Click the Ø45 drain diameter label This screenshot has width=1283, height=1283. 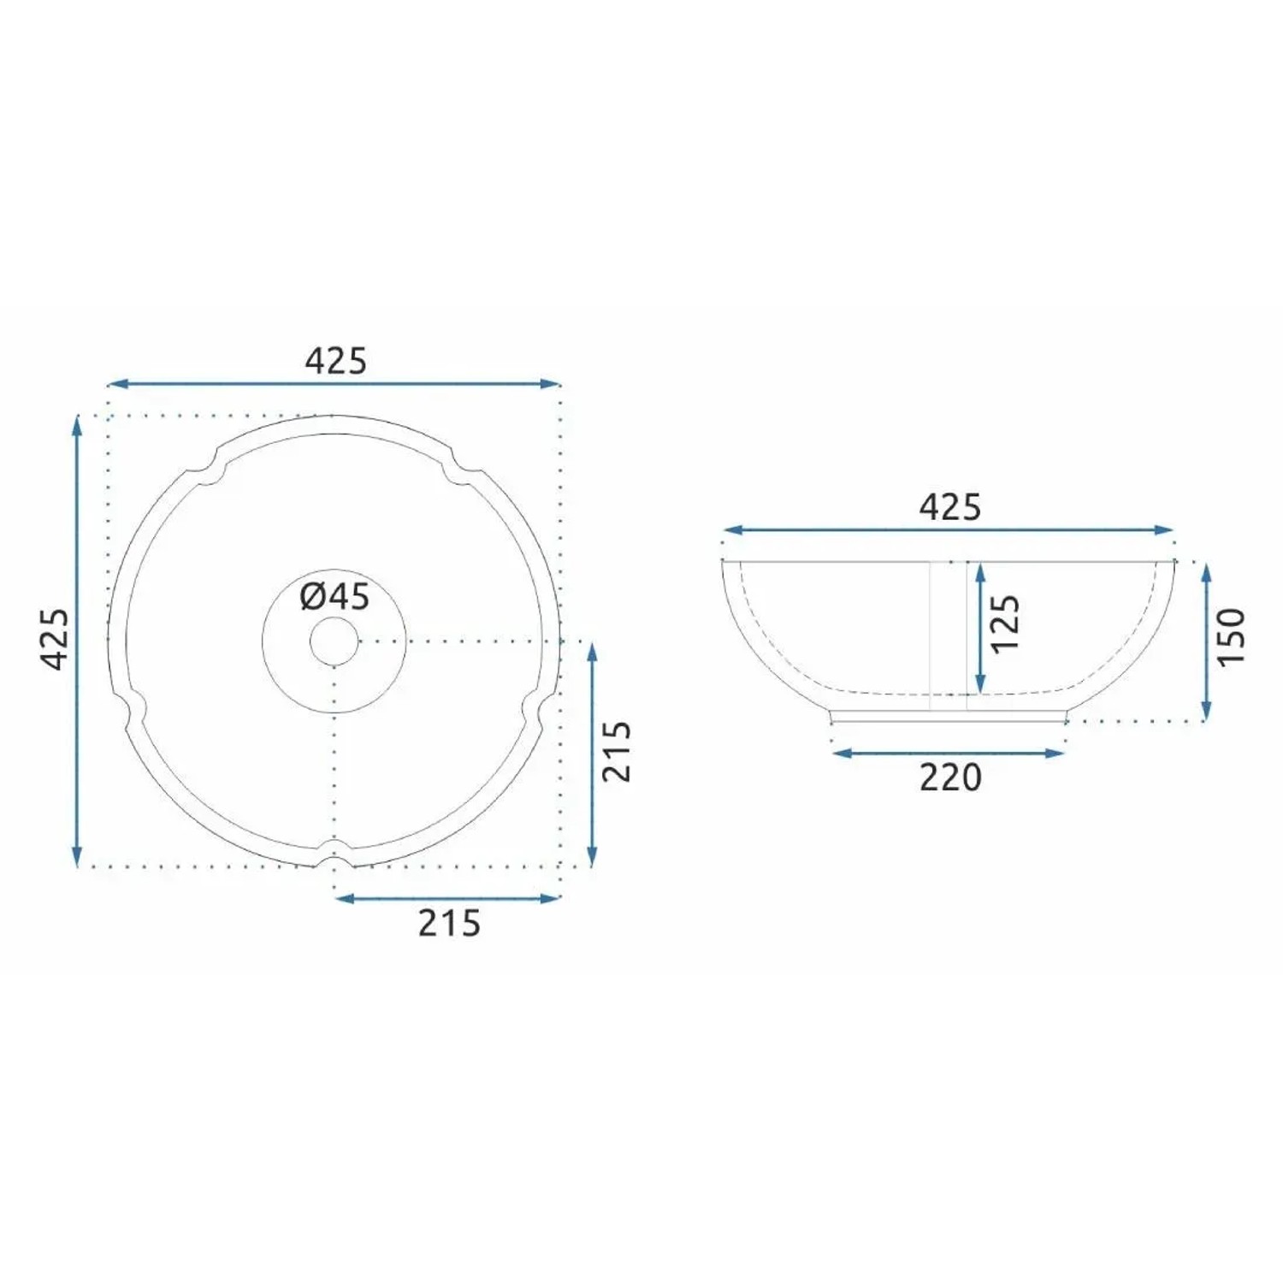[334, 596]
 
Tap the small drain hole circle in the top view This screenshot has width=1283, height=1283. [334, 641]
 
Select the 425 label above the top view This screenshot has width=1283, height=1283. [335, 361]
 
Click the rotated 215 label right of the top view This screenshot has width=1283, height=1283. [617, 751]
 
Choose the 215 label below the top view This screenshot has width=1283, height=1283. [449, 924]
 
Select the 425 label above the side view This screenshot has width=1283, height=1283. [950, 507]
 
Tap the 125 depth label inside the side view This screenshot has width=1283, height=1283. [1005, 624]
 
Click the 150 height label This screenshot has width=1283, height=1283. [1231, 637]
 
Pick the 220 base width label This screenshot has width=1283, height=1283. [950, 777]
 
